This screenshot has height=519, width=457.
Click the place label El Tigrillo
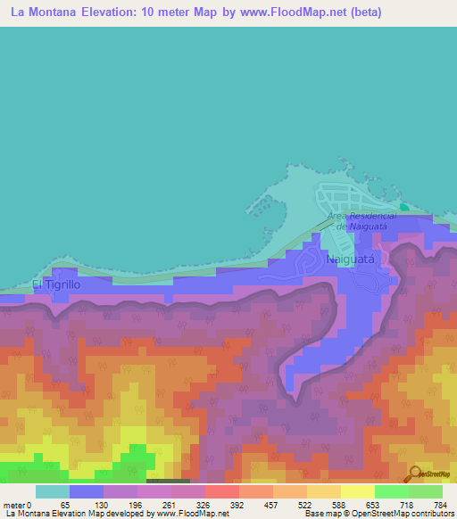coord(56,284)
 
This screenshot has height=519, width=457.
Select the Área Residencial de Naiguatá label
coord(361,221)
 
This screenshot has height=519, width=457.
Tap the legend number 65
coord(64,505)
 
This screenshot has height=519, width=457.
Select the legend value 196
coord(132,505)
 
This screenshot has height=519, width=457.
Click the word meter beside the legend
coord(15,505)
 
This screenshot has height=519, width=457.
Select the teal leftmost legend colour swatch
coord(53,491)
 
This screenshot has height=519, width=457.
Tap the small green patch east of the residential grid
coord(404,208)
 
